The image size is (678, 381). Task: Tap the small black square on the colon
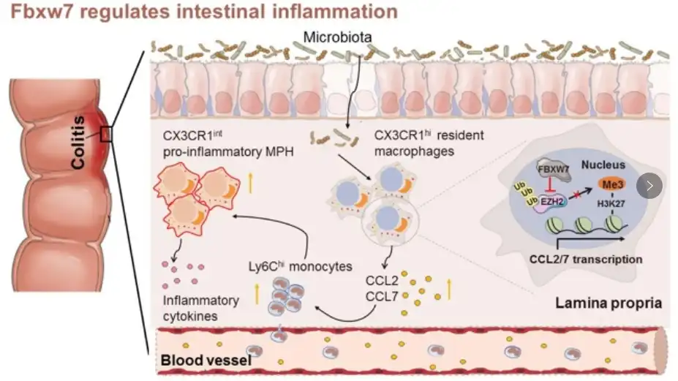click(x=106, y=134)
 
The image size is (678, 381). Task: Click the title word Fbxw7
click(x=37, y=12)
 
